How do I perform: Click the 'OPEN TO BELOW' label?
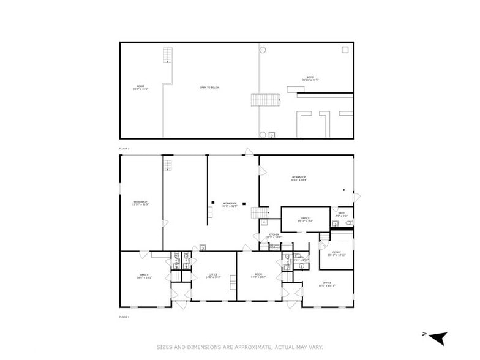209,88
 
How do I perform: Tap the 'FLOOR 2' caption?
124,149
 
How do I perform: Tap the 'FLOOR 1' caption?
124,317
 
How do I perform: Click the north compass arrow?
438,337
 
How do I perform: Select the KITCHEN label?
274,236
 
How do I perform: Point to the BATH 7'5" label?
341,215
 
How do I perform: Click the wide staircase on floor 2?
265,100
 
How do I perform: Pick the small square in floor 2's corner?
345,50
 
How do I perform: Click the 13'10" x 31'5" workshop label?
140,203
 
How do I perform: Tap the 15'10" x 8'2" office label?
305,219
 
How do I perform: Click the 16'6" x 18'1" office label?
144,276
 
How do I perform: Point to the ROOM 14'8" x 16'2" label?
258,276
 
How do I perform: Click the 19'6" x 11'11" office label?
328,285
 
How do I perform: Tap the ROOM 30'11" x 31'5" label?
310,78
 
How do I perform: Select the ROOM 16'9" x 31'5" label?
140,88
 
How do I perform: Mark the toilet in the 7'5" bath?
348,224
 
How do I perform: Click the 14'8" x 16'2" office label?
213,276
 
